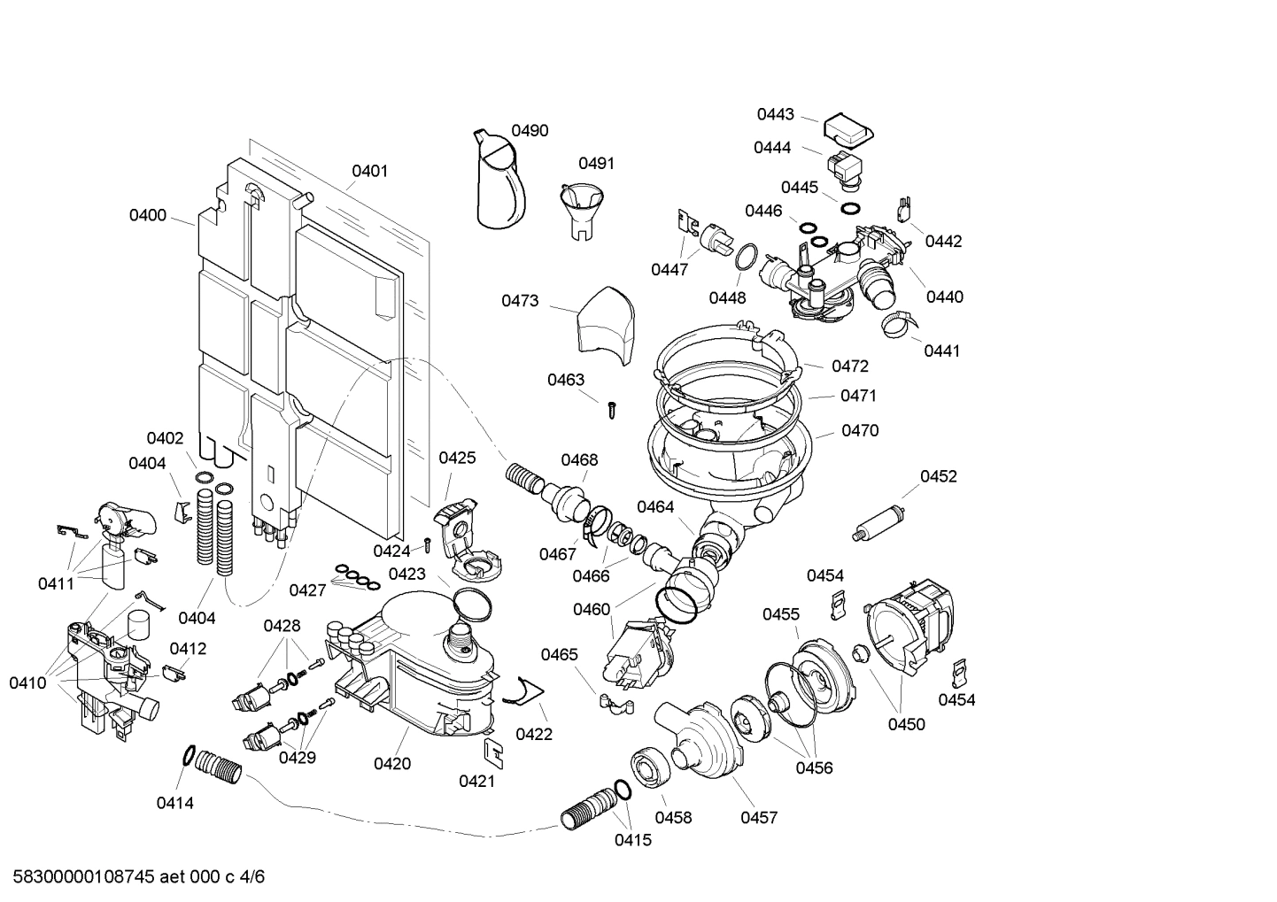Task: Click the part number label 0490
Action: point(530,130)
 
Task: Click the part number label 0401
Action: point(369,171)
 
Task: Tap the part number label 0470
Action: point(859,430)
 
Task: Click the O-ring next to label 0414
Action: point(189,755)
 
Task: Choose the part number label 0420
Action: point(391,763)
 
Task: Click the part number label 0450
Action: point(906,724)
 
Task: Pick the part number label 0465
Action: point(559,654)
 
